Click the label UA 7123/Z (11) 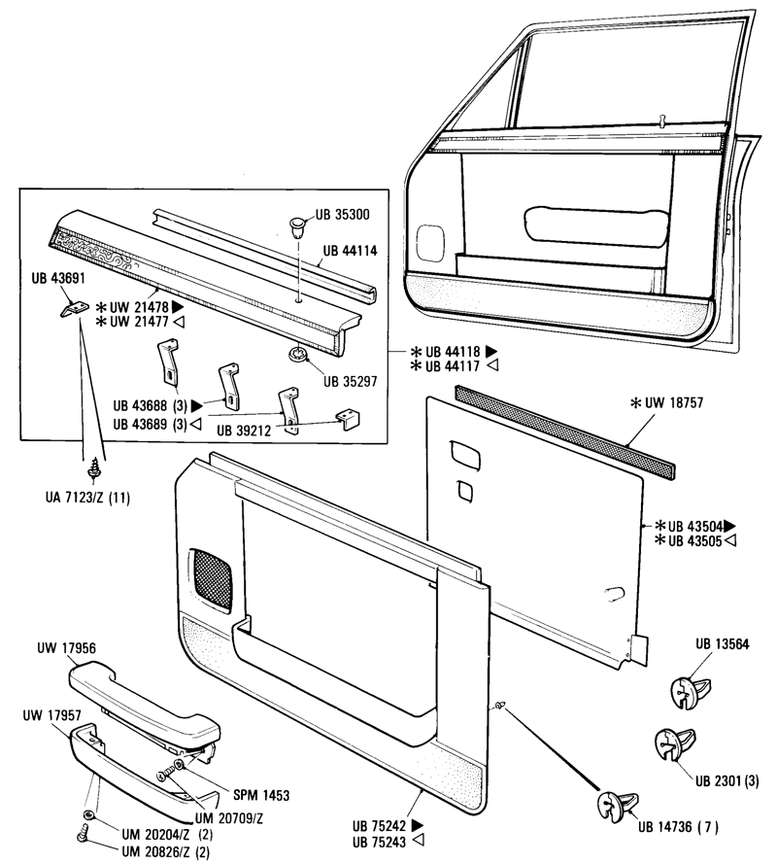pos(92,499)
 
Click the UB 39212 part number pos(245,427)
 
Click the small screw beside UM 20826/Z pos(84,833)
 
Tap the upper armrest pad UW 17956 pos(146,695)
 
